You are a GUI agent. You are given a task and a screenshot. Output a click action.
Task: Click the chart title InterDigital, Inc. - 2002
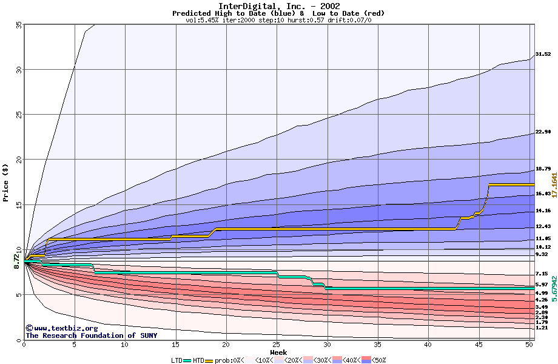(x=278, y=5)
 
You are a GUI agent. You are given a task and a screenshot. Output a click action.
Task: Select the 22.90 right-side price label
(x=543, y=132)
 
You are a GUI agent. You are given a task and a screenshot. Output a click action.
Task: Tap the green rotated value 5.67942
(x=554, y=286)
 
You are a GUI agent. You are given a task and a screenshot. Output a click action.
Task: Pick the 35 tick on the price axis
(x=19, y=25)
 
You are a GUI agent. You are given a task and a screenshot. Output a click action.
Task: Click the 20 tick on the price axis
(x=19, y=160)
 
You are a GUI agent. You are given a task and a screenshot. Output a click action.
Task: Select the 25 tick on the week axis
(x=277, y=345)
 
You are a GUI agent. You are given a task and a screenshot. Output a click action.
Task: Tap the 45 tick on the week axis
(x=479, y=345)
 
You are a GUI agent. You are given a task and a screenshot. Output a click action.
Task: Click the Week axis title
(x=278, y=352)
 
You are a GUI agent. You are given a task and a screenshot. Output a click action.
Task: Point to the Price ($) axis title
(x=6, y=183)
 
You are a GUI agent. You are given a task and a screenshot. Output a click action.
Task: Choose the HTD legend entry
(x=198, y=360)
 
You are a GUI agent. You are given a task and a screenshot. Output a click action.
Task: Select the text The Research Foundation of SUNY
(x=91, y=335)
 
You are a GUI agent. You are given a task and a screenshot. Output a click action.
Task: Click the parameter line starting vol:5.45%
(x=278, y=20)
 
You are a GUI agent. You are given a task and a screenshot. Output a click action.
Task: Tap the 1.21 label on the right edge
(x=542, y=328)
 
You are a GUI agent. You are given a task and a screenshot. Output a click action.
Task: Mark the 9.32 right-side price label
(x=542, y=255)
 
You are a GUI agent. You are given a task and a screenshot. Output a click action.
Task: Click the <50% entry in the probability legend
(x=377, y=360)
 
